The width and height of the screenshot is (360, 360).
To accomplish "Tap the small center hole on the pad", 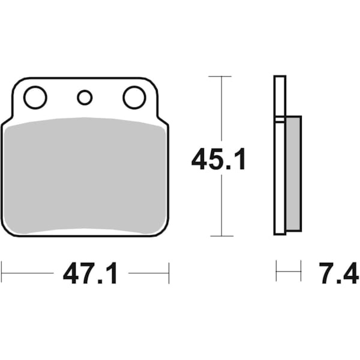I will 85,97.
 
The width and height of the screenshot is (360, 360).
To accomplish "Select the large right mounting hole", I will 134,97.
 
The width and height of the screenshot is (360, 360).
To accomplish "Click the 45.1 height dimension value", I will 218,160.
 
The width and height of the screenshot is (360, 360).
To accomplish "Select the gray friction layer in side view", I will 293,173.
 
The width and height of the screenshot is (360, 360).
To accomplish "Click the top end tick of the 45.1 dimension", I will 220,76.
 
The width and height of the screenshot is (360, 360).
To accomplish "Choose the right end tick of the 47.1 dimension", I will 169,272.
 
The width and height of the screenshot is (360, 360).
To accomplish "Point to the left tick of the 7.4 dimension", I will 276,272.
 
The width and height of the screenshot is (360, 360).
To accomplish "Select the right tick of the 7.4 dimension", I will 301,272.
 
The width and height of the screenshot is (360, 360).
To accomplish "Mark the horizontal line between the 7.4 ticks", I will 288,272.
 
